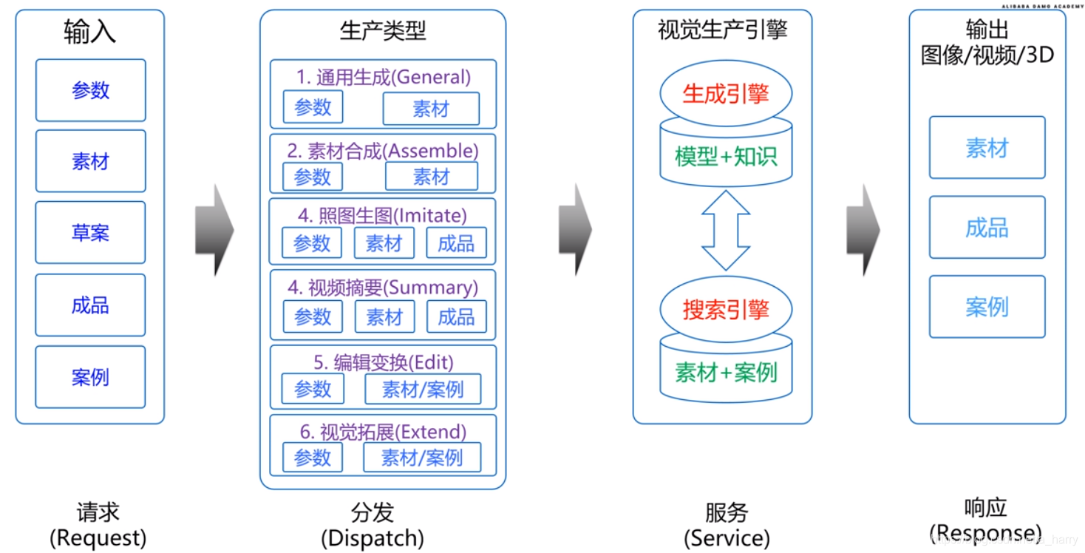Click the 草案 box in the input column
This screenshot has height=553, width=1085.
(90, 232)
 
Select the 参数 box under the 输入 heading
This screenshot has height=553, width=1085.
(90, 90)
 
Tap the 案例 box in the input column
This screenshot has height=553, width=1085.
(90, 377)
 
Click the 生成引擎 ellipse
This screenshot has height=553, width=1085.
(725, 94)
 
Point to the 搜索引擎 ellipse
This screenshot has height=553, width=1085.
(725, 310)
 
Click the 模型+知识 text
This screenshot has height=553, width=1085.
(725, 156)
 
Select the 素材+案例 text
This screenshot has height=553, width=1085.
(725, 372)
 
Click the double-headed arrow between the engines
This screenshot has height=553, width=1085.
(725, 230)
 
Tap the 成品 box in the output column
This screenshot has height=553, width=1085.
(987, 227)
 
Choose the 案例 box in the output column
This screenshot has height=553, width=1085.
(987, 307)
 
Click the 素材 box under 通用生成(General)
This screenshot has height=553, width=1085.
(431, 109)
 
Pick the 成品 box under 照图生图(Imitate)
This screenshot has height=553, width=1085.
(456, 243)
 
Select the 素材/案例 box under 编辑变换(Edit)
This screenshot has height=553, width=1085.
(423, 389)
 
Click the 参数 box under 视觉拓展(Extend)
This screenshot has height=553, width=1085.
(313, 458)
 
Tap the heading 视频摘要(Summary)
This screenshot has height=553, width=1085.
(383, 287)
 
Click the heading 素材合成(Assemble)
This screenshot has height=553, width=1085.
(383, 151)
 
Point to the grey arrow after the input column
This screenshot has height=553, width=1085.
(214, 230)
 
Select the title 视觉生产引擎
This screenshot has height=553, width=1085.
(722, 30)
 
